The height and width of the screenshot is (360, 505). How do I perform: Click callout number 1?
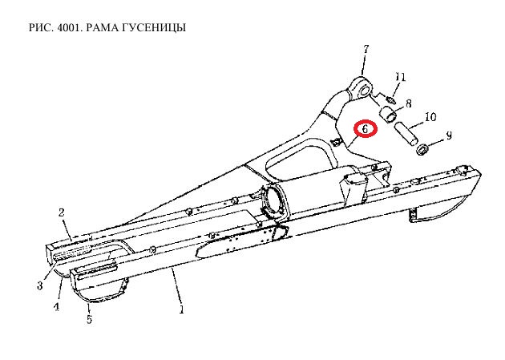pos(182,309)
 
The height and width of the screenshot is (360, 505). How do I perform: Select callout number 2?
pos(62,212)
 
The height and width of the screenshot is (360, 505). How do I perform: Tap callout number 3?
pos(39,285)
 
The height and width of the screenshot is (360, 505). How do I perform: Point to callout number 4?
pos(56,307)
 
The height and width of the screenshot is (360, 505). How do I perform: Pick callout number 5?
pos(89,319)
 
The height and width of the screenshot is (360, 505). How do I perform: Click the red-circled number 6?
pos(366,129)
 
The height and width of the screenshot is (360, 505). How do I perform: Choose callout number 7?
pos(366,49)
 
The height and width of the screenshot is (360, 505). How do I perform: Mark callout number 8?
pos(408,103)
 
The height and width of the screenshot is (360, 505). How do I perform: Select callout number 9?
pos(449,136)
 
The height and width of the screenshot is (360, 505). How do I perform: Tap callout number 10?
pos(430,116)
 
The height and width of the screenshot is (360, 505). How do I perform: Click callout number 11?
pos(400,77)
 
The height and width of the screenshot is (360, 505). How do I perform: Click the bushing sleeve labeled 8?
pos(388,115)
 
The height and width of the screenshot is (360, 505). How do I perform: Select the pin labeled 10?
pos(406,134)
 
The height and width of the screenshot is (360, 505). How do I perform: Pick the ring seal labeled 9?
pos(422,150)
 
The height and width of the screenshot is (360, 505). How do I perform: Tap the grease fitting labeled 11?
pos(390,99)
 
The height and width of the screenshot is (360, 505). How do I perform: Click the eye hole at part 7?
pos(364,89)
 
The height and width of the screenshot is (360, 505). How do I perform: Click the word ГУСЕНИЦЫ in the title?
pos(154,28)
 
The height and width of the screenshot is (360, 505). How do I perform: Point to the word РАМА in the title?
pos(103,28)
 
